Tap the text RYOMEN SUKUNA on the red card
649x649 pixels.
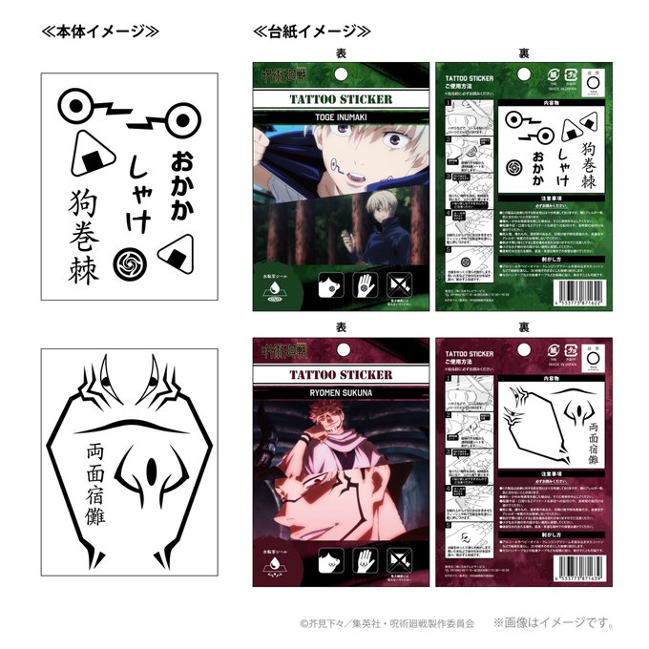pos(319,389)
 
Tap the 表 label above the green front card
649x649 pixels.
pos(341,53)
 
